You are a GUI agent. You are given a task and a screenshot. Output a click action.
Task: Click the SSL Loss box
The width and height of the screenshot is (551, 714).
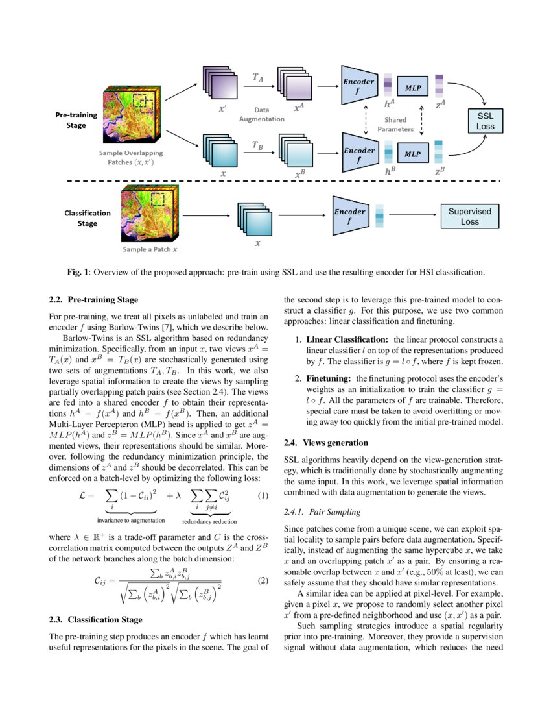(x=486, y=121)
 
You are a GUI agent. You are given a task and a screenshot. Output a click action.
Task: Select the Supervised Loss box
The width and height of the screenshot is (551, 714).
(x=470, y=216)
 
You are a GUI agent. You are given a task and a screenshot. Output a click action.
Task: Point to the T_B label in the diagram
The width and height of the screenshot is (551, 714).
(x=257, y=145)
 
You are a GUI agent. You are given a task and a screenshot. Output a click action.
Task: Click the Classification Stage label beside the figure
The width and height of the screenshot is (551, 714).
(x=88, y=218)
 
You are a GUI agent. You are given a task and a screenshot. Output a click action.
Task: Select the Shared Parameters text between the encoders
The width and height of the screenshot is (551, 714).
(x=395, y=125)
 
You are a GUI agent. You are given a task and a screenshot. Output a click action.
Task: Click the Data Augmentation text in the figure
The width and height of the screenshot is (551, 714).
(x=261, y=115)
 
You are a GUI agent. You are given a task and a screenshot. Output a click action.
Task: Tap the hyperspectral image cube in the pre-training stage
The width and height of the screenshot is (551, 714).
(x=129, y=117)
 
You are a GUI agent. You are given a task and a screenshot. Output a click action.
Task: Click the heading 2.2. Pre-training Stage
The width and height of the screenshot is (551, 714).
(x=93, y=300)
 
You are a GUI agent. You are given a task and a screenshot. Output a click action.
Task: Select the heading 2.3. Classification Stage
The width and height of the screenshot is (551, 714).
(x=95, y=619)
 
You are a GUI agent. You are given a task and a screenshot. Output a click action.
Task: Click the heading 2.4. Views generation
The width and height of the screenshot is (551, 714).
(x=325, y=443)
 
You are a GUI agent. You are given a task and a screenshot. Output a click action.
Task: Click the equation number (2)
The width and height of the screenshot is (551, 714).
(x=263, y=580)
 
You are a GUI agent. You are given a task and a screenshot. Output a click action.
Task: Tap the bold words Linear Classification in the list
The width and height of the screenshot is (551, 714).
(x=347, y=340)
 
